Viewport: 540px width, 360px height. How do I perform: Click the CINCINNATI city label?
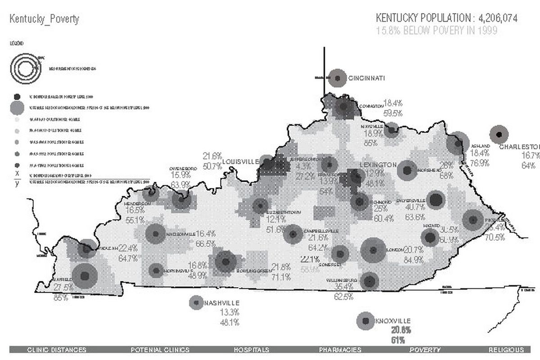(x=367, y=78)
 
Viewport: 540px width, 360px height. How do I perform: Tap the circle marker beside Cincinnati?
(x=337, y=78)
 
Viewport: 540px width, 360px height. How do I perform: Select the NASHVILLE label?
(x=221, y=303)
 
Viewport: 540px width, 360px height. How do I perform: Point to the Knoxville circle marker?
(x=364, y=321)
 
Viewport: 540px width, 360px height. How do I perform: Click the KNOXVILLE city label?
(x=393, y=321)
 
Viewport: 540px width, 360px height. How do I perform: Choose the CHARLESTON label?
(x=519, y=147)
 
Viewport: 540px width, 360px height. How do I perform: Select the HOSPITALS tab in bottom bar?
(x=252, y=350)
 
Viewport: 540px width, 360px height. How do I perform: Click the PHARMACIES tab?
(x=340, y=350)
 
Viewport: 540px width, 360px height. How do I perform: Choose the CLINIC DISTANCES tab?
(x=57, y=350)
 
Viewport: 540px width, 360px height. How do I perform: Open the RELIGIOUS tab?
(x=506, y=350)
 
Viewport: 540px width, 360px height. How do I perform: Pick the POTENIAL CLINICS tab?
(x=160, y=350)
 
